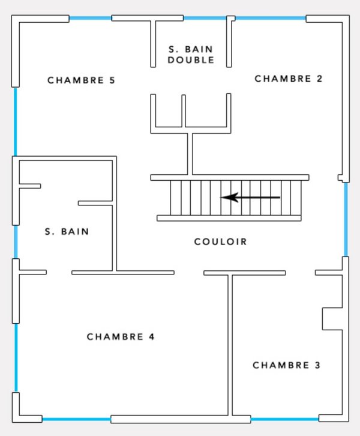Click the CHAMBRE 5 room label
(x=81, y=80)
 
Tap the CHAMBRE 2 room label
(x=289, y=79)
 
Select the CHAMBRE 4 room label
(x=121, y=337)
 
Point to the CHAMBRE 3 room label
(x=286, y=365)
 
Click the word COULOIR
(x=220, y=241)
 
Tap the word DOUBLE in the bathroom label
(x=191, y=60)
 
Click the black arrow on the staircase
(x=250, y=198)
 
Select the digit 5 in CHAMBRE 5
(x=112, y=80)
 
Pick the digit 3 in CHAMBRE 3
(x=317, y=365)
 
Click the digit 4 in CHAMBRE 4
(x=151, y=337)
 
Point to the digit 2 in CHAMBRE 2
(x=319, y=79)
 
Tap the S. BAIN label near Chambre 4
(x=67, y=231)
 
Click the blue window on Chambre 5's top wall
(x=90, y=19)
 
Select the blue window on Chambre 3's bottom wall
(x=285, y=419)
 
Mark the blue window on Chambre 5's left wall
(x=16, y=122)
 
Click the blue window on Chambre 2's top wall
(x=271, y=18)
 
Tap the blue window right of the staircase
(x=346, y=219)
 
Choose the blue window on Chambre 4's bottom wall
(x=76, y=419)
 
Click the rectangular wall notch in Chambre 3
(x=332, y=319)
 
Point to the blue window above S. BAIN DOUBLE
(x=205, y=18)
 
